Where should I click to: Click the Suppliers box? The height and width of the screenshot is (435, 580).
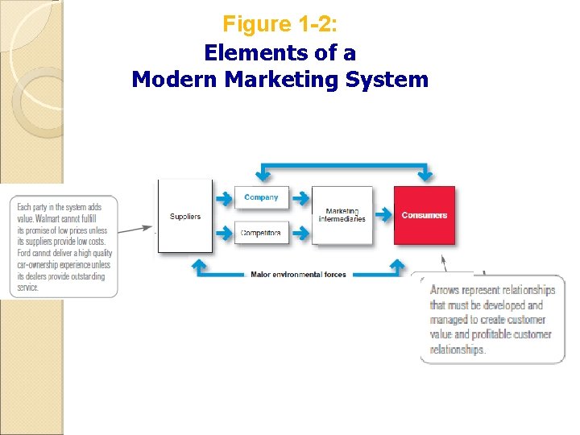tap(185, 216)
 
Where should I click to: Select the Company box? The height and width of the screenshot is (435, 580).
tap(261, 197)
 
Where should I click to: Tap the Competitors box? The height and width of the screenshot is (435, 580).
tap(261, 233)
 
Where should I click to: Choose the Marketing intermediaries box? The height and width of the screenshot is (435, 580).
tap(342, 215)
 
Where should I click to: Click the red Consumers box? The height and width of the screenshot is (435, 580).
tap(424, 215)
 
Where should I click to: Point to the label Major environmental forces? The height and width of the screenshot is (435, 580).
tap(298, 275)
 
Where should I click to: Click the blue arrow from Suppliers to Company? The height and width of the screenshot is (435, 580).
tap(224, 197)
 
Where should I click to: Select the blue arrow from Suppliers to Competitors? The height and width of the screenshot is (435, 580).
tap(224, 234)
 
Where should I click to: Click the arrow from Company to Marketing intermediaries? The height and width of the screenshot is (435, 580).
tap(300, 197)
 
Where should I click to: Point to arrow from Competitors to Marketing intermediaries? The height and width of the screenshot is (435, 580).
tap(300, 234)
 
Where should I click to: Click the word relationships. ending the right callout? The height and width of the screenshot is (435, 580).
tap(458, 350)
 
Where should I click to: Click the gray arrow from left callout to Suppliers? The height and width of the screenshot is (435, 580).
tap(135, 230)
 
